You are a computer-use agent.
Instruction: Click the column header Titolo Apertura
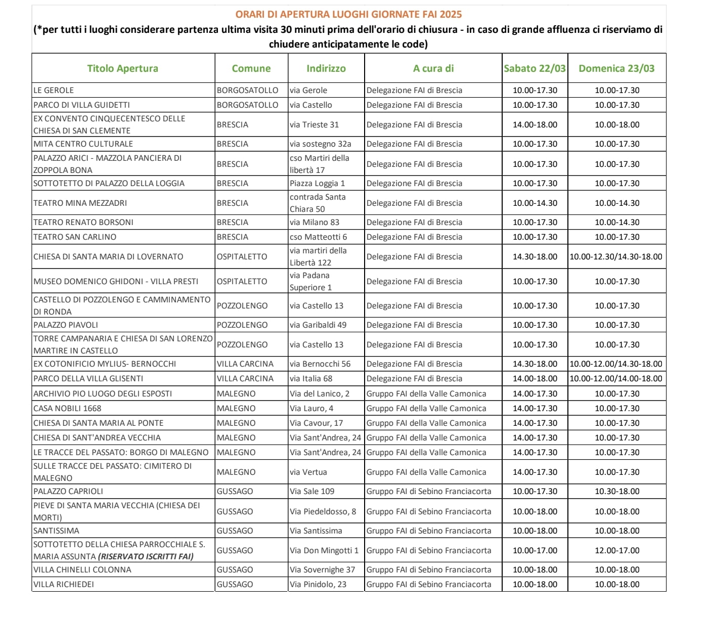pos(122,68)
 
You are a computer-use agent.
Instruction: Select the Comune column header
pos(251,68)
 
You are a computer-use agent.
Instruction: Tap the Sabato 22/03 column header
pos(535,68)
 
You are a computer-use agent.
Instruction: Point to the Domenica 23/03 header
pos(616,68)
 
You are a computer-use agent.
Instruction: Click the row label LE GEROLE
pos(54,90)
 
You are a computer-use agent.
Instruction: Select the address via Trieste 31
pos(314,124)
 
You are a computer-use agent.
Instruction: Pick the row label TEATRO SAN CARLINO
pos(75,237)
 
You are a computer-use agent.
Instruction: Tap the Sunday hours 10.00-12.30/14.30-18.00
pos(616,256)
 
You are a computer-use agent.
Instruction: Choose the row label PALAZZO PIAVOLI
pos(66,325)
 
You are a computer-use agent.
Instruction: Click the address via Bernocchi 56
pos(320,364)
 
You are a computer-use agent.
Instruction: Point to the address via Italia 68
pos(311,378)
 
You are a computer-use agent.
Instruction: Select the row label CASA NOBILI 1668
pos(67,408)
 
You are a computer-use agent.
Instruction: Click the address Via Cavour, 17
pos(316,423)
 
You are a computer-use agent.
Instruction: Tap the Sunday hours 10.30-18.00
pos(617,491)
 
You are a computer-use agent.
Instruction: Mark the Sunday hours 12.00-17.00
pos(617,550)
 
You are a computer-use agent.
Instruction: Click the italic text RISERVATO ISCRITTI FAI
pos(146,556)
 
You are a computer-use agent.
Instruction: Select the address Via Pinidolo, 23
pos(318,584)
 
